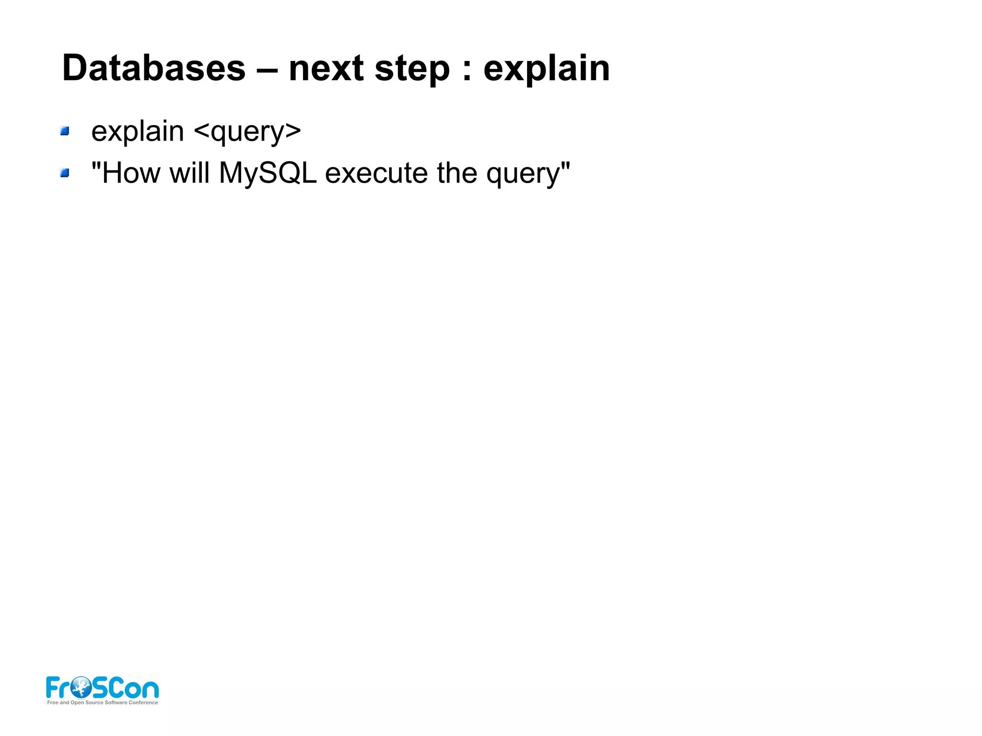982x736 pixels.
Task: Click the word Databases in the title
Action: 153,68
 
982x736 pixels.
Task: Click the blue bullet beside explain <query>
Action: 65,131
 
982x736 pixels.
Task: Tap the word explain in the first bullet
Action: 138,132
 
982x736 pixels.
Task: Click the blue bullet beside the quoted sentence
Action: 65,173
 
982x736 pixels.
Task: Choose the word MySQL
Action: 268,174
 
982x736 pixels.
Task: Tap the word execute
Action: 376,174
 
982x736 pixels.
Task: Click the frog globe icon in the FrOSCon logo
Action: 81,687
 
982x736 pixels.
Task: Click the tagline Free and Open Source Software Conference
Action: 103,702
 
